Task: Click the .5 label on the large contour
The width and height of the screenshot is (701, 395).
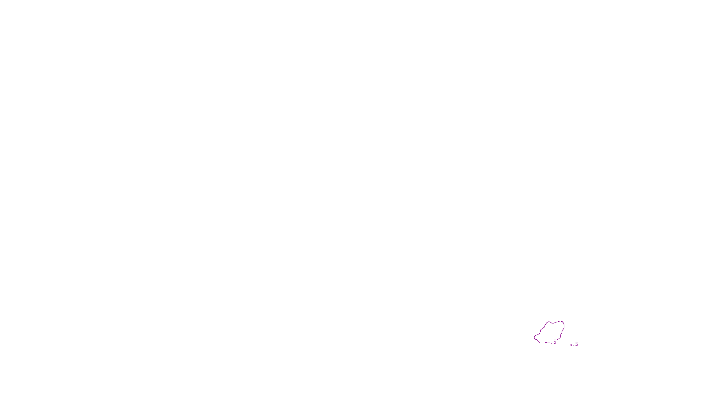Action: tap(554, 342)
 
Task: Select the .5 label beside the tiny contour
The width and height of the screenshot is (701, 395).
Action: tap(576, 344)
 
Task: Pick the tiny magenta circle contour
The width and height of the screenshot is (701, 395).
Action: tap(571, 345)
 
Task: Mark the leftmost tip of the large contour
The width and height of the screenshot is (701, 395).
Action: tap(534, 338)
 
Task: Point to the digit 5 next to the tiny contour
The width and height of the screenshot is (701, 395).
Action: tap(577, 344)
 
